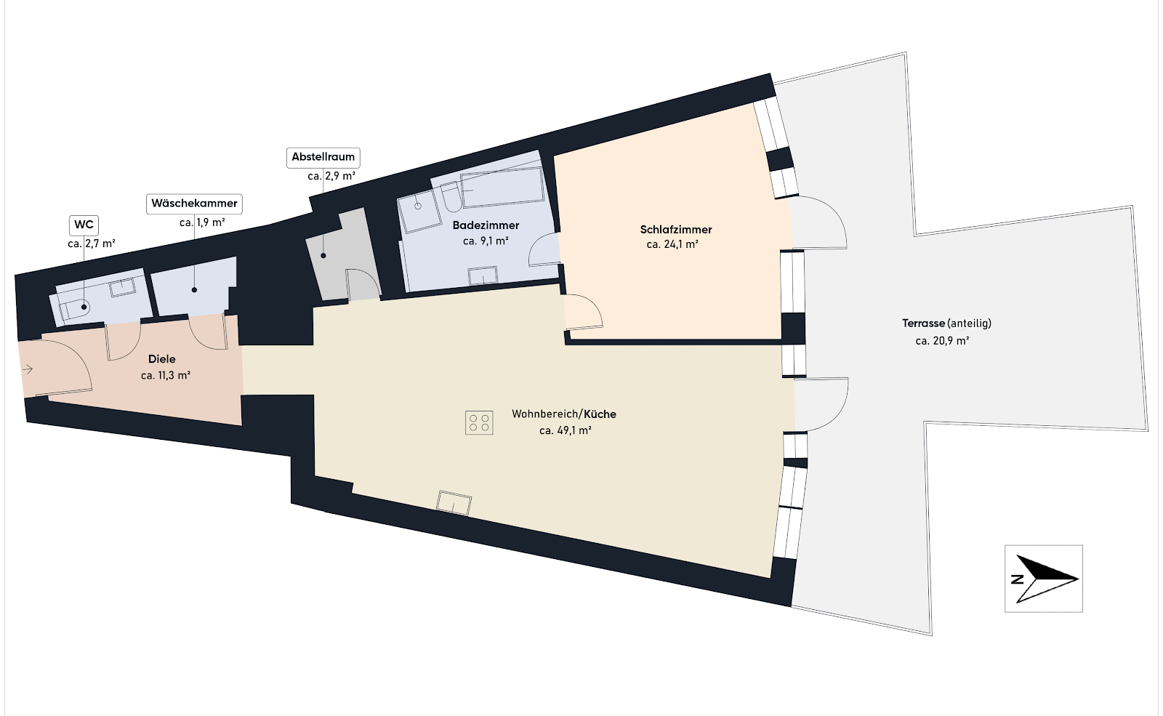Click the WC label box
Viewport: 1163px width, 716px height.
84,225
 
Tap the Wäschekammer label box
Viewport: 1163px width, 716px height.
194,203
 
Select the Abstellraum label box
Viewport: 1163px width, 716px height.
323,157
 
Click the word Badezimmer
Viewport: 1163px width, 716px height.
486,225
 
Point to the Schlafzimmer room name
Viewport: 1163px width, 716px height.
675,230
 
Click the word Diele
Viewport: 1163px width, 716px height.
161,359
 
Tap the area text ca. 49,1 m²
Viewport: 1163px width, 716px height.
566,430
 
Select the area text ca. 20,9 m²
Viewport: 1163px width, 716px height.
942,341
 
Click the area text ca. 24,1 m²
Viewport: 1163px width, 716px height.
672,244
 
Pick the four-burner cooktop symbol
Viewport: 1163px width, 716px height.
479,422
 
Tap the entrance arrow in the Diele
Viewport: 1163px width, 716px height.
28,369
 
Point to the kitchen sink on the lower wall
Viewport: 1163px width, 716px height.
454,502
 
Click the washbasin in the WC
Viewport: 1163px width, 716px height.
123,286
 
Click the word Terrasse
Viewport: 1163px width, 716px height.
923,323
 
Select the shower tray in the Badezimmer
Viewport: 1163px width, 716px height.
419,212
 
